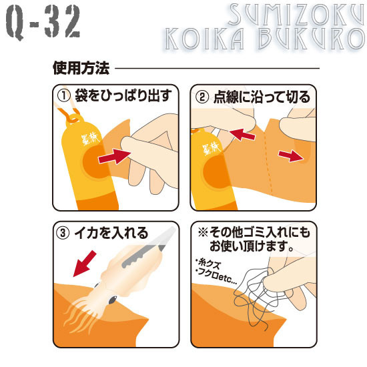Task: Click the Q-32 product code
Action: [43, 21]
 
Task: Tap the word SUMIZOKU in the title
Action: [296, 15]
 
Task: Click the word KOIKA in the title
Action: [205, 39]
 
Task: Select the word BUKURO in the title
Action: [312, 39]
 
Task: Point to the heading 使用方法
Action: [81, 68]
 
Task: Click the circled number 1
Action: [64, 96]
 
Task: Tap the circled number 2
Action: [202, 97]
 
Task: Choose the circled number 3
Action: [63, 233]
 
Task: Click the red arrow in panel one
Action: [114, 156]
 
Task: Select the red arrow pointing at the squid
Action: [85, 264]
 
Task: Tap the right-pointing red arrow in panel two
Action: [291, 155]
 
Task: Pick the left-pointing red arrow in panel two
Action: [242, 134]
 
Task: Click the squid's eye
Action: [113, 300]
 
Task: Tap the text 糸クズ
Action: [208, 264]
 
